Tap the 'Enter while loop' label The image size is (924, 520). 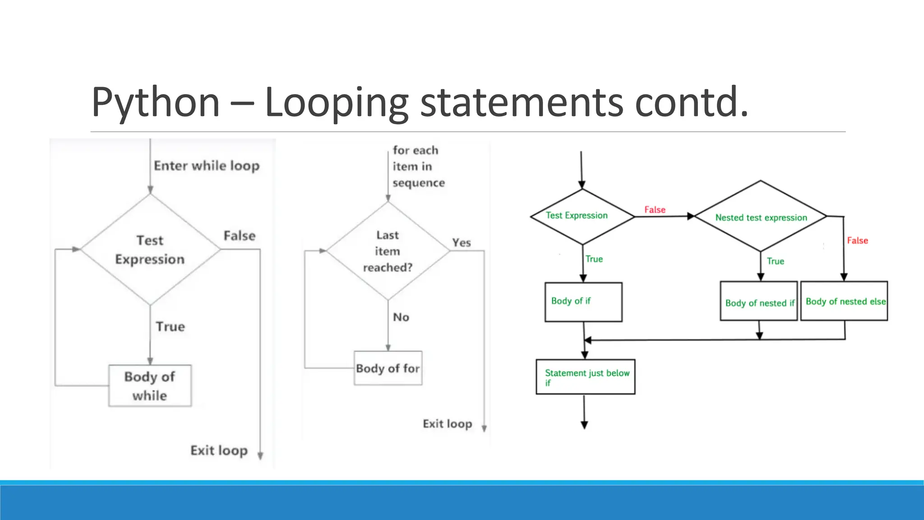click(207, 166)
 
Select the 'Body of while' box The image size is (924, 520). click(150, 386)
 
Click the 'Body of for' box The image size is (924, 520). click(388, 368)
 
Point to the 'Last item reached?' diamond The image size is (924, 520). click(388, 251)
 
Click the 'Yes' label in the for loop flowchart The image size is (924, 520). click(462, 243)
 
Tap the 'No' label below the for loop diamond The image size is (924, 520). click(401, 317)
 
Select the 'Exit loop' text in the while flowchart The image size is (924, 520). click(219, 450)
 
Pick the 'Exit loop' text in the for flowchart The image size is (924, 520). click(447, 424)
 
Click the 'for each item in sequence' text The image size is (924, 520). click(417, 167)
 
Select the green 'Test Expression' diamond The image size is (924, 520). click(582, 216)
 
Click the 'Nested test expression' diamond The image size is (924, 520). click(761, 217)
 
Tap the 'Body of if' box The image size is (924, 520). click(583, 302)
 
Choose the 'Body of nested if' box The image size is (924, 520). click(759, 302)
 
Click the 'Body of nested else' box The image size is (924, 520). click(844, 301)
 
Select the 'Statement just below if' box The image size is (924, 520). click(585, 377)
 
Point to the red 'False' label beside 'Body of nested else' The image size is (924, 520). click(857, 241)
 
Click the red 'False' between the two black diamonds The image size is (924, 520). click(655, 209)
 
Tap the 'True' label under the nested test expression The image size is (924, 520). click(775, 261)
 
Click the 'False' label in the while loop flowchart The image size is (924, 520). click(239, 236)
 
